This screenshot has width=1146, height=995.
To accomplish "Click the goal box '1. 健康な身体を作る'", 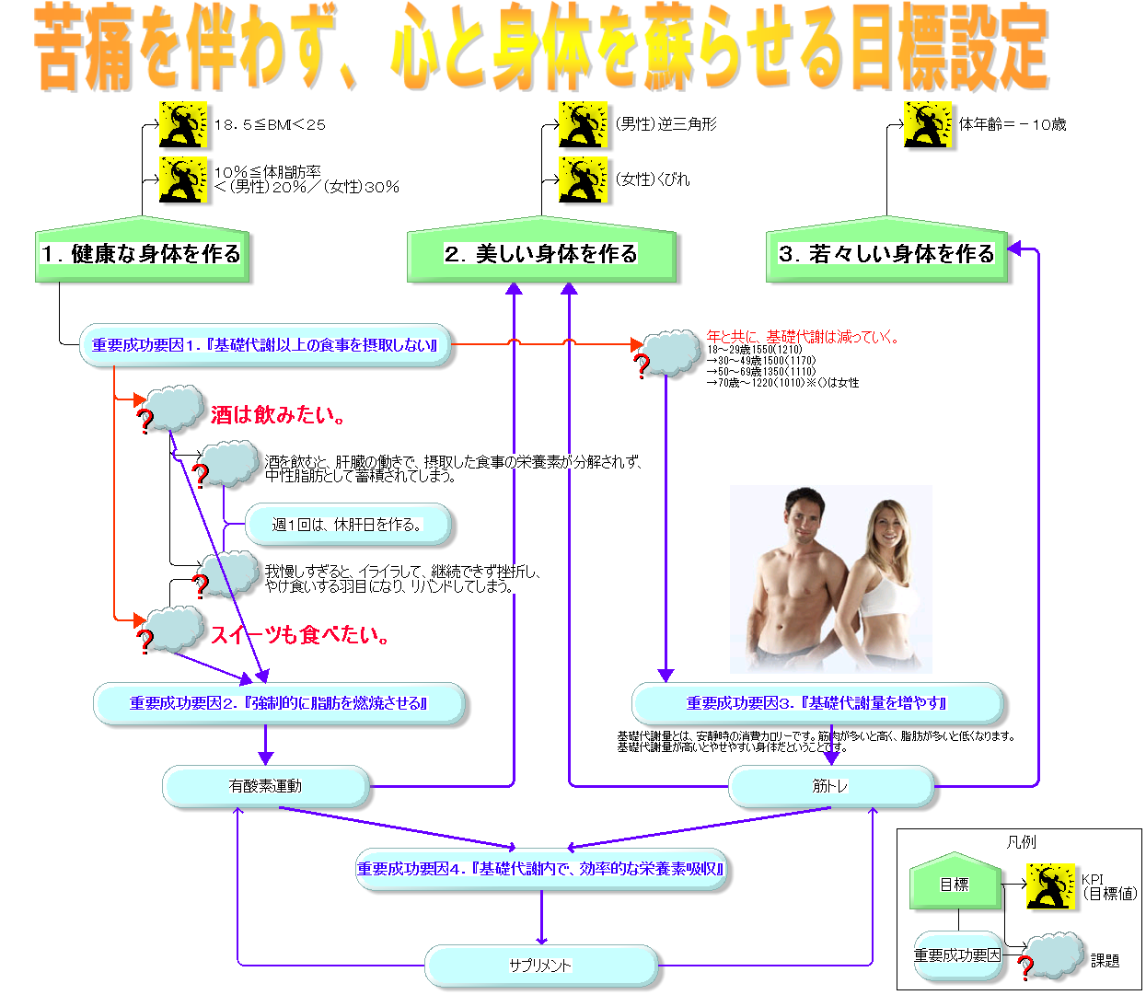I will pyautogui.click(x=143, y=253).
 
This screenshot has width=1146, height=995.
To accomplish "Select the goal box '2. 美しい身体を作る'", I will pyautogui.click(x=541, y=253).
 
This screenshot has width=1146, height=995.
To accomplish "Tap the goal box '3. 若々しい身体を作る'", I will pyautogui.click(x=887, y=253).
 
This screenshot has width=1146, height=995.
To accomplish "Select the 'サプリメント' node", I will pyautogui.click(x=541, y=966).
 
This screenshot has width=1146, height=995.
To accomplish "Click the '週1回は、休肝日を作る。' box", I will pyautogui.click(x=348, y=525).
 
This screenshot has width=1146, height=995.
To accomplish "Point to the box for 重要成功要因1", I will pyautogui.click(x=265, y=345).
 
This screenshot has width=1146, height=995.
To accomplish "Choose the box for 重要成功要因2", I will pyautogui.click(x=279, y=703).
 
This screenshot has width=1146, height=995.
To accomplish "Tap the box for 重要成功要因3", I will pyautogui.click(x=816, y=703).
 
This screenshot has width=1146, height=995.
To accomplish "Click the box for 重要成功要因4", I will pyautogui.click(x=541, y=869).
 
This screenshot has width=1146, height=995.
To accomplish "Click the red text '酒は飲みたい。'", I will pyautogui.click(x=278, y=415).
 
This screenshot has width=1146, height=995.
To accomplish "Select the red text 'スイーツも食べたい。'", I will pyautogui.click(x=300, y=635).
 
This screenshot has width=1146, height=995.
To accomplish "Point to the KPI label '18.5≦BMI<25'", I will pyautogui.click(x=270, y=124).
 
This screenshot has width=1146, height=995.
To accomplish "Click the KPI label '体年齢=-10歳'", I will pyautogui.click(x=1013, y=124).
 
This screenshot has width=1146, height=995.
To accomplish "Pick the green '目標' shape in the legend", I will pyautogui.click(x=955, y=883).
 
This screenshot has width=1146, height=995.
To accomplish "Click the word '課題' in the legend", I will pyautogui.click(x=1105, y=961).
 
